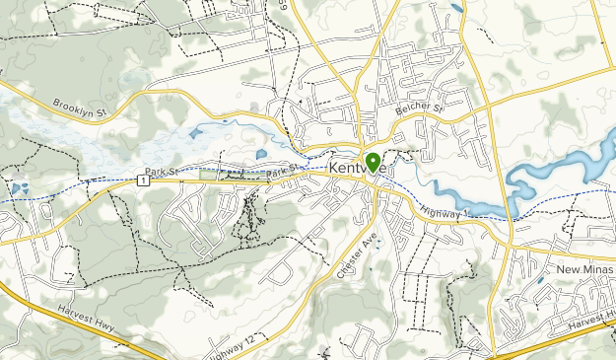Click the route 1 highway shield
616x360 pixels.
pyautogui.click(x=144, y=180)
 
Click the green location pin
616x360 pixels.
pyautogui.click(x=373, y=161)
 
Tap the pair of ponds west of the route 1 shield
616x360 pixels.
pyautogui.click(x=21, y=185)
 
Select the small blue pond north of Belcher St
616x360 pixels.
pyautogui.click(x=456, y=8)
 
